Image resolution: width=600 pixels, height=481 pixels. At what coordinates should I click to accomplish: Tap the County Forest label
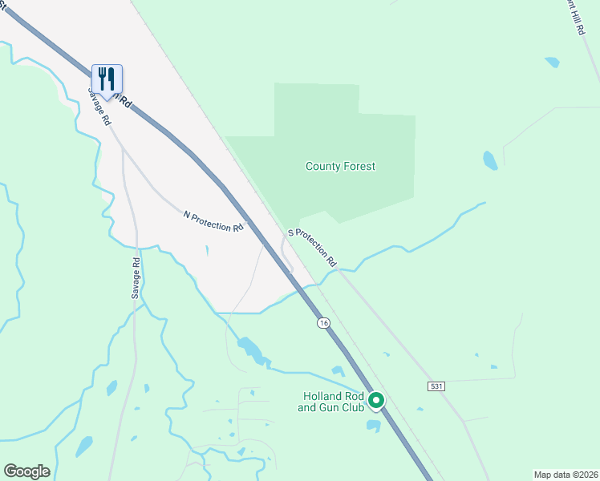[340, 167]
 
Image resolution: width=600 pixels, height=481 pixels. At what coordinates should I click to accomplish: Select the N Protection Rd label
[213, 222]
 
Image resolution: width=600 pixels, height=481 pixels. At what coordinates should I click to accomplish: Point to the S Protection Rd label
[311, 247]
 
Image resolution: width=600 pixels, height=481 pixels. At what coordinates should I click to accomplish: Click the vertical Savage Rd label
[136, 278]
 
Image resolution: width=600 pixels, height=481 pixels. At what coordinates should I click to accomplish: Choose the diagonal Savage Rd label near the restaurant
[99, 105]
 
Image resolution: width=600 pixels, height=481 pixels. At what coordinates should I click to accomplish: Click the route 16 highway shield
[322, 322]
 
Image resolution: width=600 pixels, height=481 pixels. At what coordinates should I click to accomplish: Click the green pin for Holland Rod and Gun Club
[375, 399]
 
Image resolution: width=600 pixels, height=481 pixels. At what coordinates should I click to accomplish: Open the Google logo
[26, 471]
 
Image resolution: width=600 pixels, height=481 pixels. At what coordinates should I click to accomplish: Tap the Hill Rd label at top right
[574, 16]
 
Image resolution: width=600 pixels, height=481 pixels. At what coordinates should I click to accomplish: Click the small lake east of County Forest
[490, 160]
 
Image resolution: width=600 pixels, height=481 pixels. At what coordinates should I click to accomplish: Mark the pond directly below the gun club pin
[373, 425]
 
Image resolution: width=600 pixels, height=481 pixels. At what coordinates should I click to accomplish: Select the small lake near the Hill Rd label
[552, 62]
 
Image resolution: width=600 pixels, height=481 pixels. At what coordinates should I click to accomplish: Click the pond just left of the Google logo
[83, 446]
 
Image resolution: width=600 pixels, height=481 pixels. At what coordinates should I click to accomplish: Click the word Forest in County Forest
[359, 167]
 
